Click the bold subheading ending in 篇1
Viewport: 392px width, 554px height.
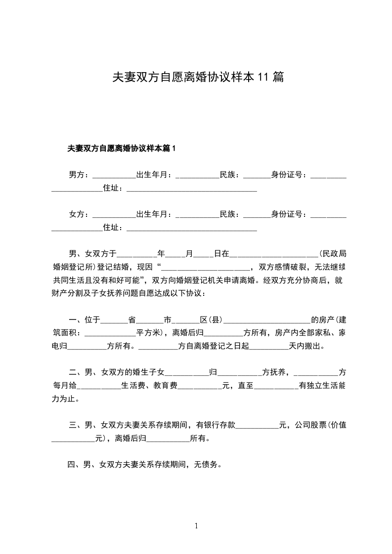tap(122, 148)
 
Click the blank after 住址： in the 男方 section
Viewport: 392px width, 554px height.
tap(192, 188)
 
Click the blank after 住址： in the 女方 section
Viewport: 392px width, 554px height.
tap(192, 228)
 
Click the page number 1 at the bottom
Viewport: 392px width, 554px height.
tap(196, 526)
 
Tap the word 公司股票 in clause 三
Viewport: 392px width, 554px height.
tap(311, 425)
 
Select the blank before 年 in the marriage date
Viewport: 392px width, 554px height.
tap(136, 254)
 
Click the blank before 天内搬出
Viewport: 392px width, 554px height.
tap(269, 346)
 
